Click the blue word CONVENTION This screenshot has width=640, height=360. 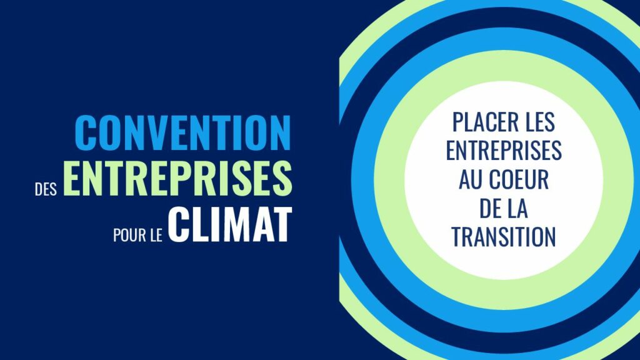[x=183, y=133]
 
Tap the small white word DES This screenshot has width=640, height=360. [x=46, y=190]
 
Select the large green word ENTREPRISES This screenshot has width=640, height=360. [x=177, y=178]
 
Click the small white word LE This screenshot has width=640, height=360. [x=156, y=236]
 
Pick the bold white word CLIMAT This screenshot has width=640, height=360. [x=230, y=224]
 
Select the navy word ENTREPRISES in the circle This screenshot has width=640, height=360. [x=504, y=151]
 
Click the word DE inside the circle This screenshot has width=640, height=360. [x=490, y=208]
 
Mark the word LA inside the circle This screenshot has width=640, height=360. [x=517, y=208]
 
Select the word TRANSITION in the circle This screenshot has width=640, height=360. [x=504, y=237]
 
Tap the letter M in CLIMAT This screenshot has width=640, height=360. [x=234, y=224]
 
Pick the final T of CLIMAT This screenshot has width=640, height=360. [x=282, y=224]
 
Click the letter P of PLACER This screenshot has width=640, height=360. [x=458, y=122]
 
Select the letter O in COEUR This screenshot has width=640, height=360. [x=507, y=179]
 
